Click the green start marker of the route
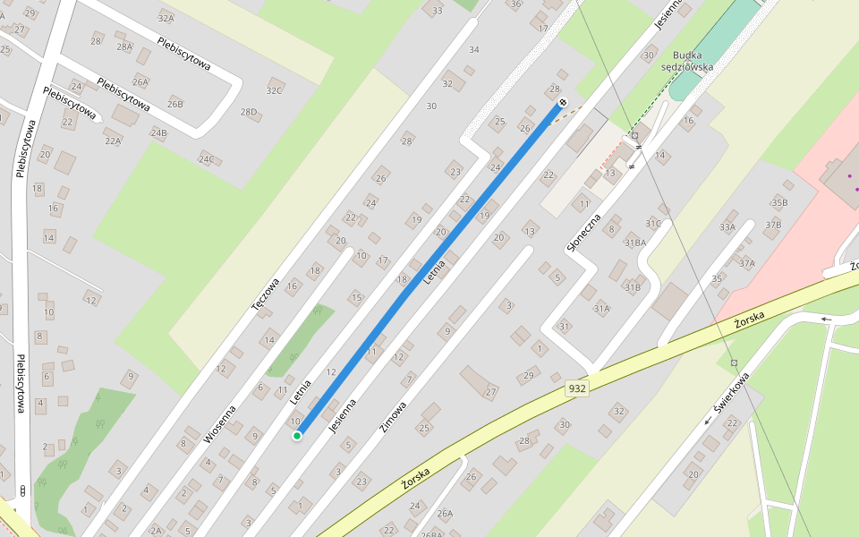[x=297, y=436]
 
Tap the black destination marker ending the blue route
[x=563, y=103]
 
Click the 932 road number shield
[x=577, y=388]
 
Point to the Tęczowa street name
[x=266, y=294]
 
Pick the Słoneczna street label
[x=582, y=231]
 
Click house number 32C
[x=274, y=90]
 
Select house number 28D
[x=249, y=112]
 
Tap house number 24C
[x=207, y=159]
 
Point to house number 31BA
[x=635, y=243]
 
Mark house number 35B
[x=779, y=202]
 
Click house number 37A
[x=747, y=263]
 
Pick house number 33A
[x=727, y=227]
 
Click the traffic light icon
[x=21, y=490]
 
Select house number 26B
[x=174, y=104]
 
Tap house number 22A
[x=112, y=141]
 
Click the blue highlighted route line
[x=429, y=269]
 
